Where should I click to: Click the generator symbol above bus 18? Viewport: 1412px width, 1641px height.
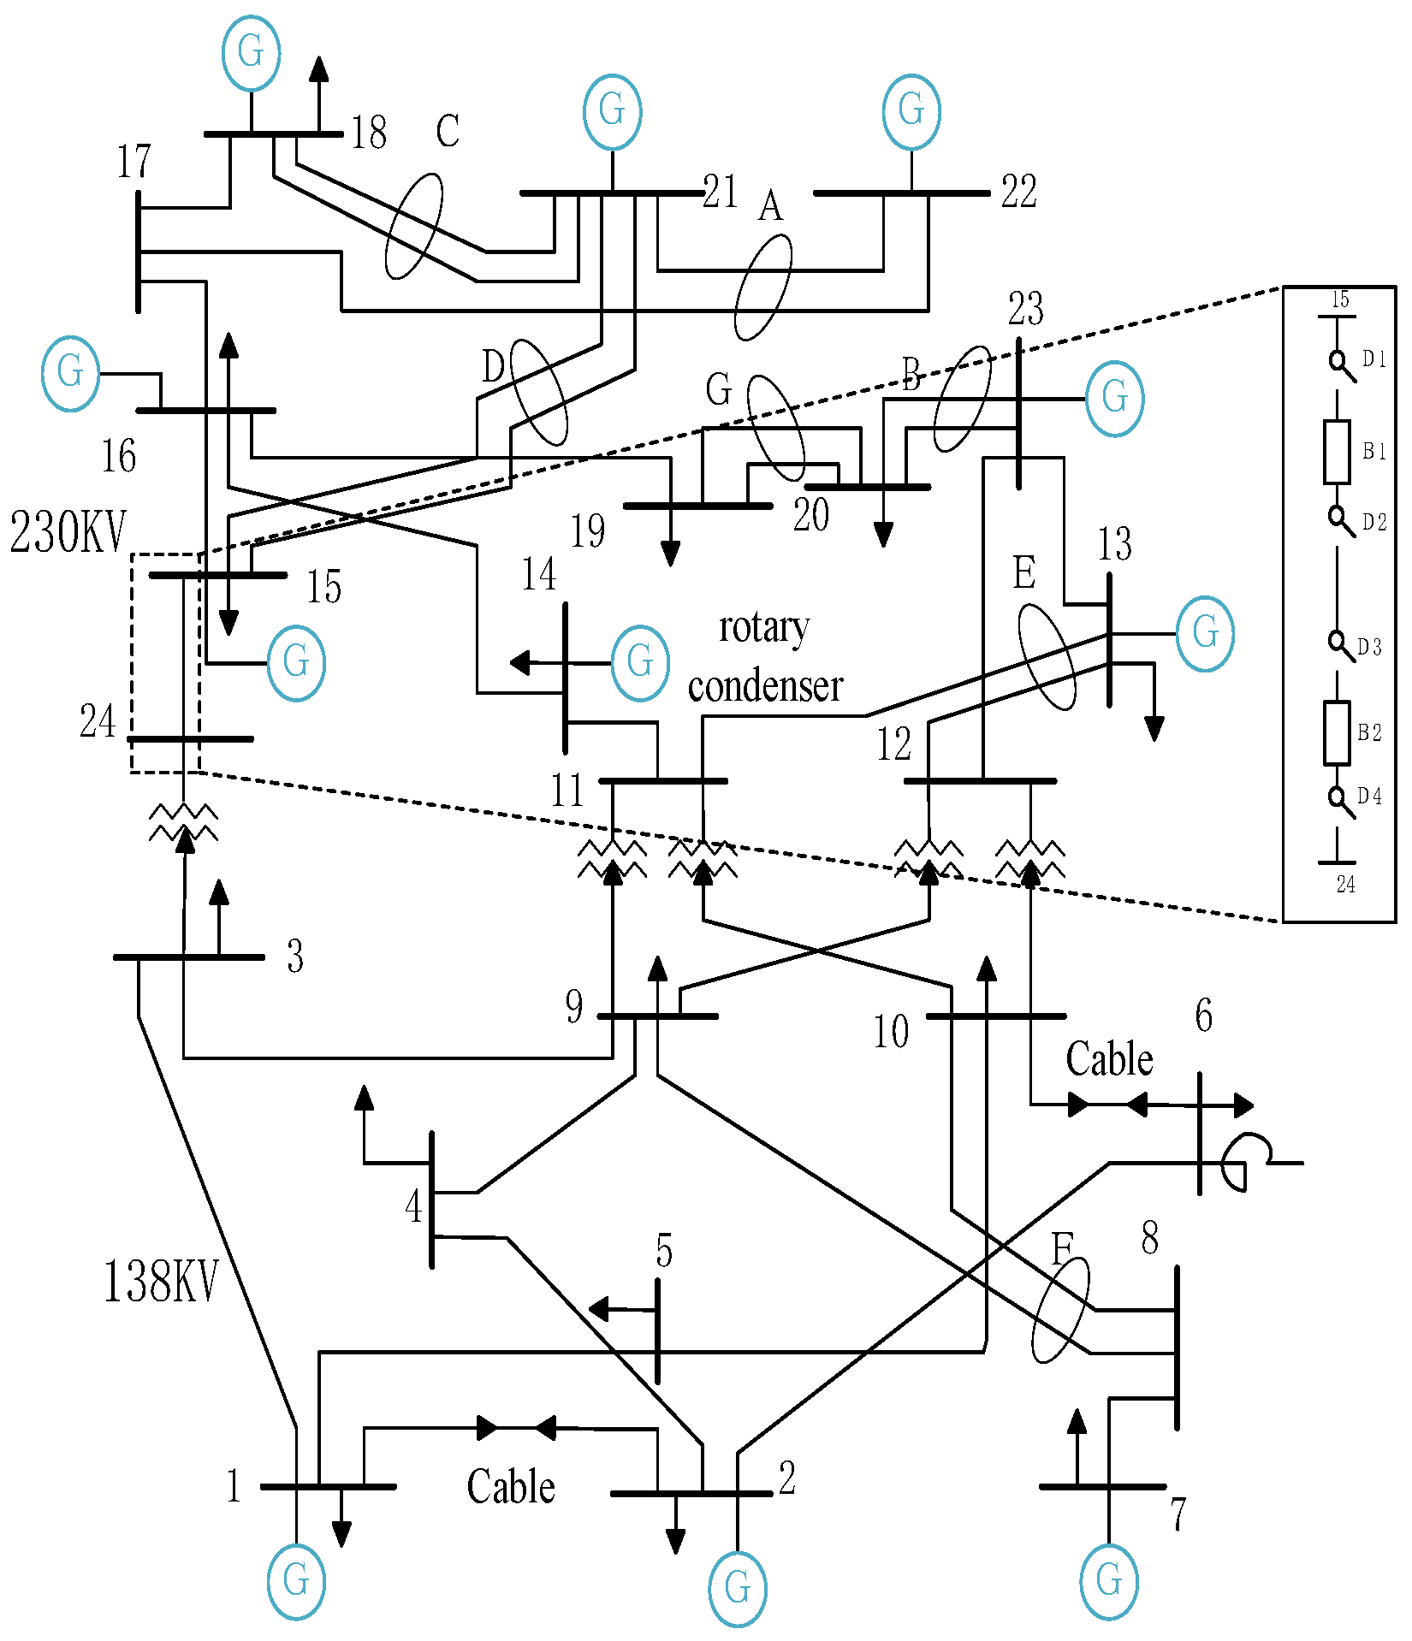click(x=251, y=52)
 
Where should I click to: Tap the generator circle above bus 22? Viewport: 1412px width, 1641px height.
click(x=911, y=111)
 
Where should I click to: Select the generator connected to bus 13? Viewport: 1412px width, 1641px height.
click(x=1205, y=633)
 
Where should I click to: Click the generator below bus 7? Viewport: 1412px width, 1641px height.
click(x=1109, y=1581)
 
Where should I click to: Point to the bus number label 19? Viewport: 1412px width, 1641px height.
click(x=588, y=531)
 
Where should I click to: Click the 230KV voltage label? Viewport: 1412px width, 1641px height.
click(x=68, y=532)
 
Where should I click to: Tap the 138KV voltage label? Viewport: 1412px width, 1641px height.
click(x=161, y=1282)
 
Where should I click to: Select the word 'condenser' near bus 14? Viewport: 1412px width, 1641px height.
click(x=765, y=686)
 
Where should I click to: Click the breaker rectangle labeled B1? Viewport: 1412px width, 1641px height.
click(x=1337, y=452)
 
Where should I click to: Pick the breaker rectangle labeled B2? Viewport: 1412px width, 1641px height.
click(x=1337, y=732)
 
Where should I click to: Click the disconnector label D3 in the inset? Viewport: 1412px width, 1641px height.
click(x=1369, y=647)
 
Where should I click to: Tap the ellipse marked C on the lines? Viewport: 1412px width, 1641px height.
click(x=414, y=226)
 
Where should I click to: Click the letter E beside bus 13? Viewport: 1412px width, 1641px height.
click(x=1023, y=573)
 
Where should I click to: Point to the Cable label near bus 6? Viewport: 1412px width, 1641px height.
click(x=1109, y=1059)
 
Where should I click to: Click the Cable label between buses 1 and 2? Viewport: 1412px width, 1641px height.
click(x=511, y=1487)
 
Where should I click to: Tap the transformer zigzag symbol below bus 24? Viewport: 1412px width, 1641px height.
click(x=184, y=823)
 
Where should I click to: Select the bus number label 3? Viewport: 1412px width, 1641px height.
click(x=294, y=957)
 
